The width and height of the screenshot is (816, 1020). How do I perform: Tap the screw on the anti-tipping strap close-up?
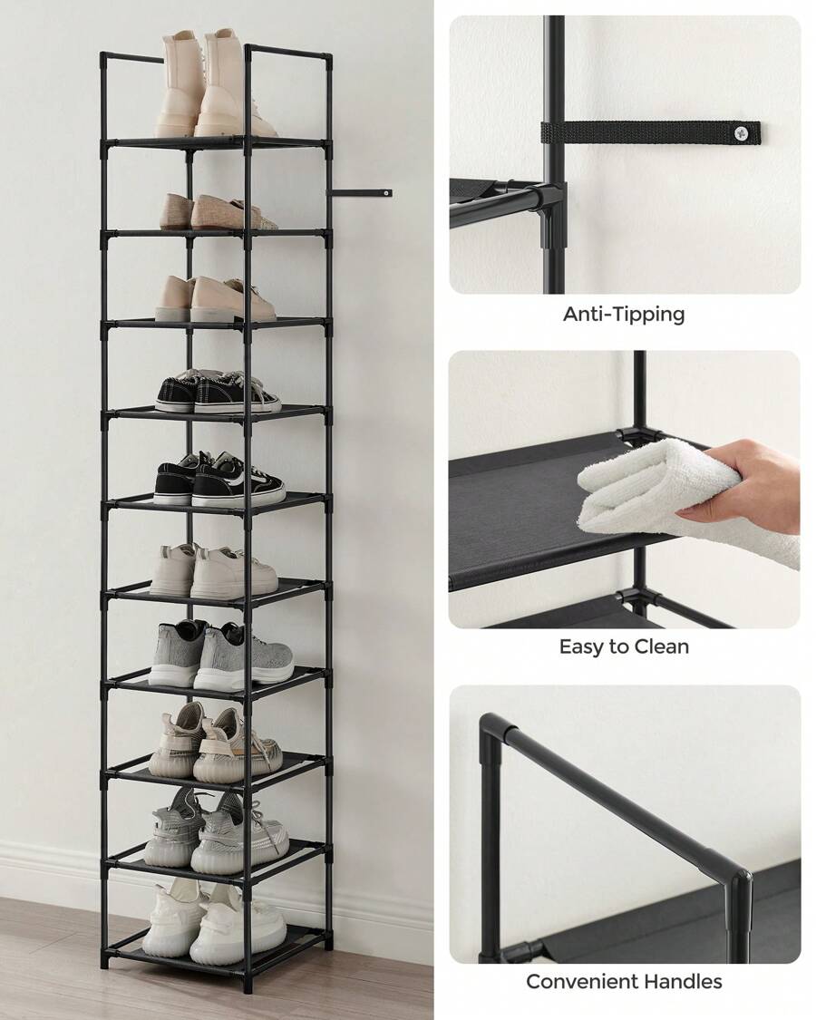742,133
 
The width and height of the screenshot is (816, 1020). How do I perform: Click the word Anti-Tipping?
624,315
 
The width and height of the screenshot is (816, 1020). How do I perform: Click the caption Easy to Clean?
624,646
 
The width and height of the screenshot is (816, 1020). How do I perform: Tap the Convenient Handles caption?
624,981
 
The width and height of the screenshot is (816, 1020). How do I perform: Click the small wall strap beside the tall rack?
363,192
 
